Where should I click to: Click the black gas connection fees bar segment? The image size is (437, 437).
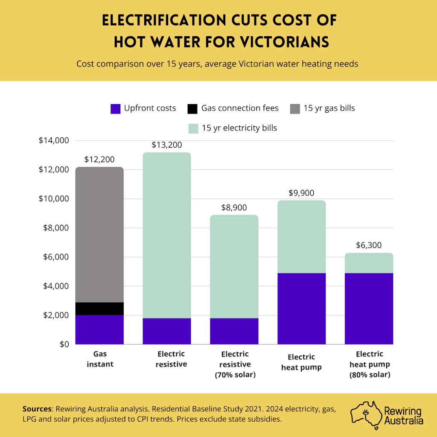[99, 309]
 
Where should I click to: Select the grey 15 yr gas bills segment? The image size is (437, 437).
[99, 235]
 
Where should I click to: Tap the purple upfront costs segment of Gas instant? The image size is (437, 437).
[99, 329]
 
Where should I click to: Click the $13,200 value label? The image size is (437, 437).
[167, 145]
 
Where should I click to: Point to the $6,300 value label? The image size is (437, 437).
[369, 245]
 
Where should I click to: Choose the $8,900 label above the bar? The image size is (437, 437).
[234, 208]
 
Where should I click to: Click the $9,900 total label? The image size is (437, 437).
[302, 193]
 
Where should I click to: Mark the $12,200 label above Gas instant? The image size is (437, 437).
[99, 160]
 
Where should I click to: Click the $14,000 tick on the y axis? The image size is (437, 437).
[53, 140]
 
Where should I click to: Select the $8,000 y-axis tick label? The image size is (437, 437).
[55, 228]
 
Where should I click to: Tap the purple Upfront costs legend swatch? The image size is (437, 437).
[116, 108]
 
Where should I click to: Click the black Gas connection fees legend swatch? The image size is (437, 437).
[192, 108]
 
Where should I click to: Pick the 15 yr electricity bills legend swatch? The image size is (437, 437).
[193, 128]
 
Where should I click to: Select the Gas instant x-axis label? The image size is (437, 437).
[99, 359]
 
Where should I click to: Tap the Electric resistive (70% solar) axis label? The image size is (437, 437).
[234, 364]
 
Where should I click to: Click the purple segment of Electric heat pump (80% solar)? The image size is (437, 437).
[369, 308]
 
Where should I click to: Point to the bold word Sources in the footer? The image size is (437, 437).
[37, 409]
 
